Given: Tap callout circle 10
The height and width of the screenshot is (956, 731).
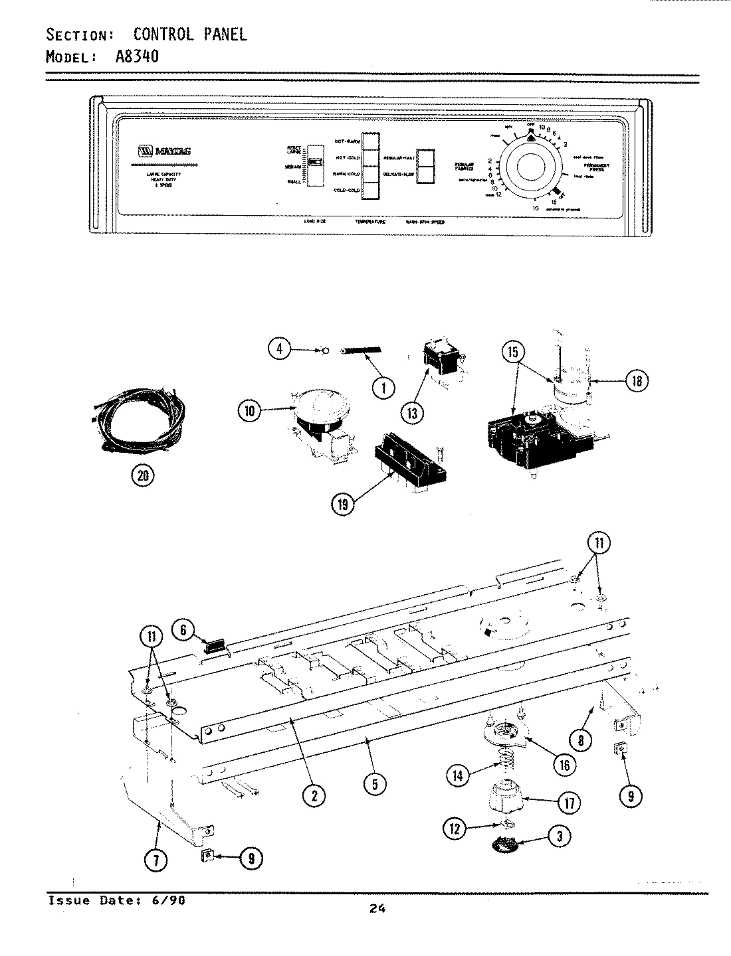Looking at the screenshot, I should pos(250,412).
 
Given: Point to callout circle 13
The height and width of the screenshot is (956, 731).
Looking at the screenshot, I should pos(412,413).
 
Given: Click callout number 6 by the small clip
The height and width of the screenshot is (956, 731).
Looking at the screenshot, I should pos(183,629).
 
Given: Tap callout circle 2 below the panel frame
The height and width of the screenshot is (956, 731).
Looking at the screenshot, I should pos(314,794).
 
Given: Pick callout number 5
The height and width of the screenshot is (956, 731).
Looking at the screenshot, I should pos(375,784).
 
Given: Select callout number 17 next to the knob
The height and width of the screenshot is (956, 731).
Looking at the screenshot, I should pos(568,803).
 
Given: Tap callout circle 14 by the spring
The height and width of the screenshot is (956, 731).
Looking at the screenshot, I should pos(459,775).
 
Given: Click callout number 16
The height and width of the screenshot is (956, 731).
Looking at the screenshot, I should pos(564,765).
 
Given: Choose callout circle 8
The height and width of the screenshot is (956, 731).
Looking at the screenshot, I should pos(581,740).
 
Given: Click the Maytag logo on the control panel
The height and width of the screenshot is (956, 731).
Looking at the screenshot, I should pos(164,151).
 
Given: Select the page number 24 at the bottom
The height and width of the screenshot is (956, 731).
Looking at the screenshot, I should pos(377,909).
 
